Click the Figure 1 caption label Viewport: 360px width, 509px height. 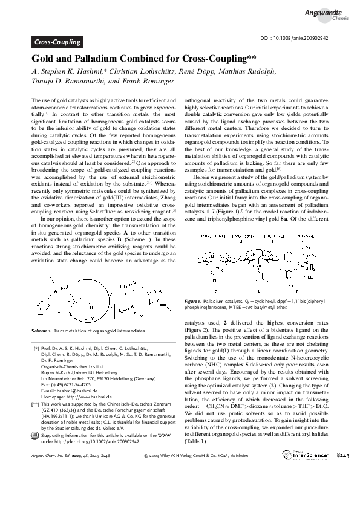click(194, 300)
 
